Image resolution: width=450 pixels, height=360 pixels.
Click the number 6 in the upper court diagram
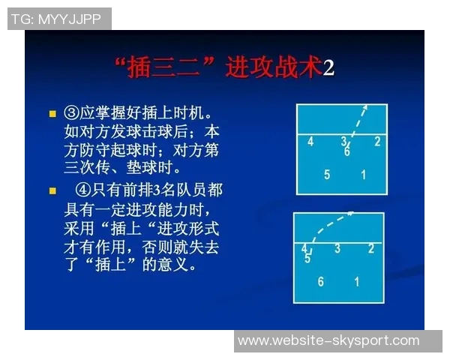[347, 151]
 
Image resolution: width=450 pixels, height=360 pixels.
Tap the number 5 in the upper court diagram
[327, 175]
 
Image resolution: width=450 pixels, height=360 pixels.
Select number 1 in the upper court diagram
[364, 175]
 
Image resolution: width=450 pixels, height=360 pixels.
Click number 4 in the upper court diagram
[310, 141]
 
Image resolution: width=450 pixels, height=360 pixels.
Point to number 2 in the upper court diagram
[377, 141]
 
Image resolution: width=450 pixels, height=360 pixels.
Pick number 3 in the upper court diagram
[344, 141]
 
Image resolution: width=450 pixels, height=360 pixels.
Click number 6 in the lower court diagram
[321, 282]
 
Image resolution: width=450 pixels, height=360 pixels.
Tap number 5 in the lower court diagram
[307, 259]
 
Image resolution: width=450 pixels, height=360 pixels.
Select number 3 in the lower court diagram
[337, 248]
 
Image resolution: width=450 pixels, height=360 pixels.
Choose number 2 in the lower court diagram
[371, 248]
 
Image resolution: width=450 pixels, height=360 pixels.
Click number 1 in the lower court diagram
[357, 282]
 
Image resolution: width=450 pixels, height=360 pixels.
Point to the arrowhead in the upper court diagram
[365, 106]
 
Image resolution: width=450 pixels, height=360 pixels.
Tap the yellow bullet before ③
[52, 113]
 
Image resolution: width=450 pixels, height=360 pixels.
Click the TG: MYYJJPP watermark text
[57, 19]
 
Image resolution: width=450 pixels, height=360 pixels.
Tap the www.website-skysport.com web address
[328, 340]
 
